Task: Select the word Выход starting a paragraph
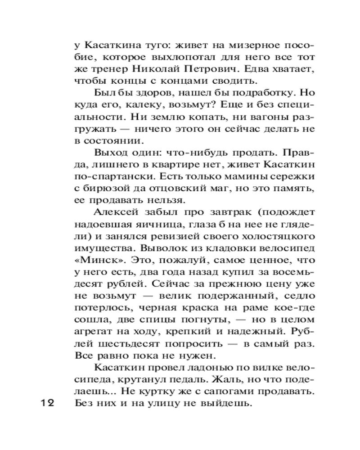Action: click(110, 151)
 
